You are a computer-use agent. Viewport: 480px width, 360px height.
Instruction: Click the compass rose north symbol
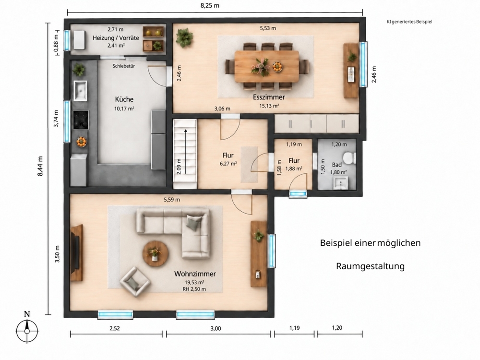point(27,327)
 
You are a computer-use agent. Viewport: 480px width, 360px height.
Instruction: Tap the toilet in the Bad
point(349,158)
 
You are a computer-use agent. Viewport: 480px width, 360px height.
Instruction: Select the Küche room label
point(124,99)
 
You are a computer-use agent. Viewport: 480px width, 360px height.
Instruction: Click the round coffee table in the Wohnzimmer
point(156,253)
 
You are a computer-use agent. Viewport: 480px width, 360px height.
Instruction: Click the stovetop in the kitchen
point(81,120)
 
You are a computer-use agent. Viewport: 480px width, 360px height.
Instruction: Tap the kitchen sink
point(80,91)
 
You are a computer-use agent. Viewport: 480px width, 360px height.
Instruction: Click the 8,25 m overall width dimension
point(210,5)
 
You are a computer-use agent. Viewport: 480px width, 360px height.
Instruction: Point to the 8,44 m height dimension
point(40,166)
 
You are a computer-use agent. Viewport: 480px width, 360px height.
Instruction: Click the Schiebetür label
point(124,66)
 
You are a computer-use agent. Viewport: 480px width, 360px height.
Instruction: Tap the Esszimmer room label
point(269,97)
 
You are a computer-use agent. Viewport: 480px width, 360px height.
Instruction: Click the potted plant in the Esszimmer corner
point(184,38)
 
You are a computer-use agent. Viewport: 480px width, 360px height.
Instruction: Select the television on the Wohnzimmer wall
point(75,253)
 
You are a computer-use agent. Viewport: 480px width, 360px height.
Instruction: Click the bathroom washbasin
point(340,183)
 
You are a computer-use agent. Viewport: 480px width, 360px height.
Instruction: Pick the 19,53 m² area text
point(194,283)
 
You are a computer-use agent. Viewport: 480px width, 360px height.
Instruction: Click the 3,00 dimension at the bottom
point(216,328)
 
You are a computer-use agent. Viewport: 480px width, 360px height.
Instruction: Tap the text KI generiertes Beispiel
point(409,22)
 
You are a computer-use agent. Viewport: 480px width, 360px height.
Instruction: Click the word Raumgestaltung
point(371,266)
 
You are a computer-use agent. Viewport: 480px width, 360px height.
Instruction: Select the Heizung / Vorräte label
point(116,38)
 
